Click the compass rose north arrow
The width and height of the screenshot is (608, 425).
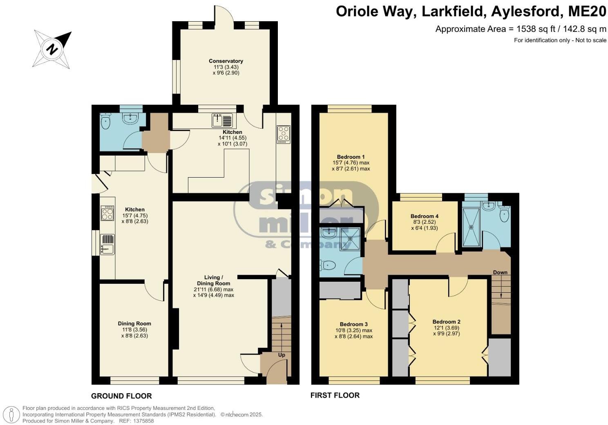[52, 49]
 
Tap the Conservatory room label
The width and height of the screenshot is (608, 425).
[226, 61]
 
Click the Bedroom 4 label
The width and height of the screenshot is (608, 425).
[425, 216]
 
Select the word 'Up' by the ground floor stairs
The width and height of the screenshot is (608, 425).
[282, 355]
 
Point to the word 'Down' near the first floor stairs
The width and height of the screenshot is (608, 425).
[500, 272]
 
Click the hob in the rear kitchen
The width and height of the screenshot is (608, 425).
[284, 134]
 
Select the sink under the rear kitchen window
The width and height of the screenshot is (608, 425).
[222, 120]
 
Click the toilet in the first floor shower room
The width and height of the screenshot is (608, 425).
[504, 214]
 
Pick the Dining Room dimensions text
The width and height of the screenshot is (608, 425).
[134, 333]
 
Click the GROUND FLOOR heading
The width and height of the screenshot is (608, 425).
[121, 396]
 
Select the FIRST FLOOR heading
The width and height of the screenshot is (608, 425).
[335, 395]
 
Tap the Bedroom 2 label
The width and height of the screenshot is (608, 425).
[447, 322]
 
